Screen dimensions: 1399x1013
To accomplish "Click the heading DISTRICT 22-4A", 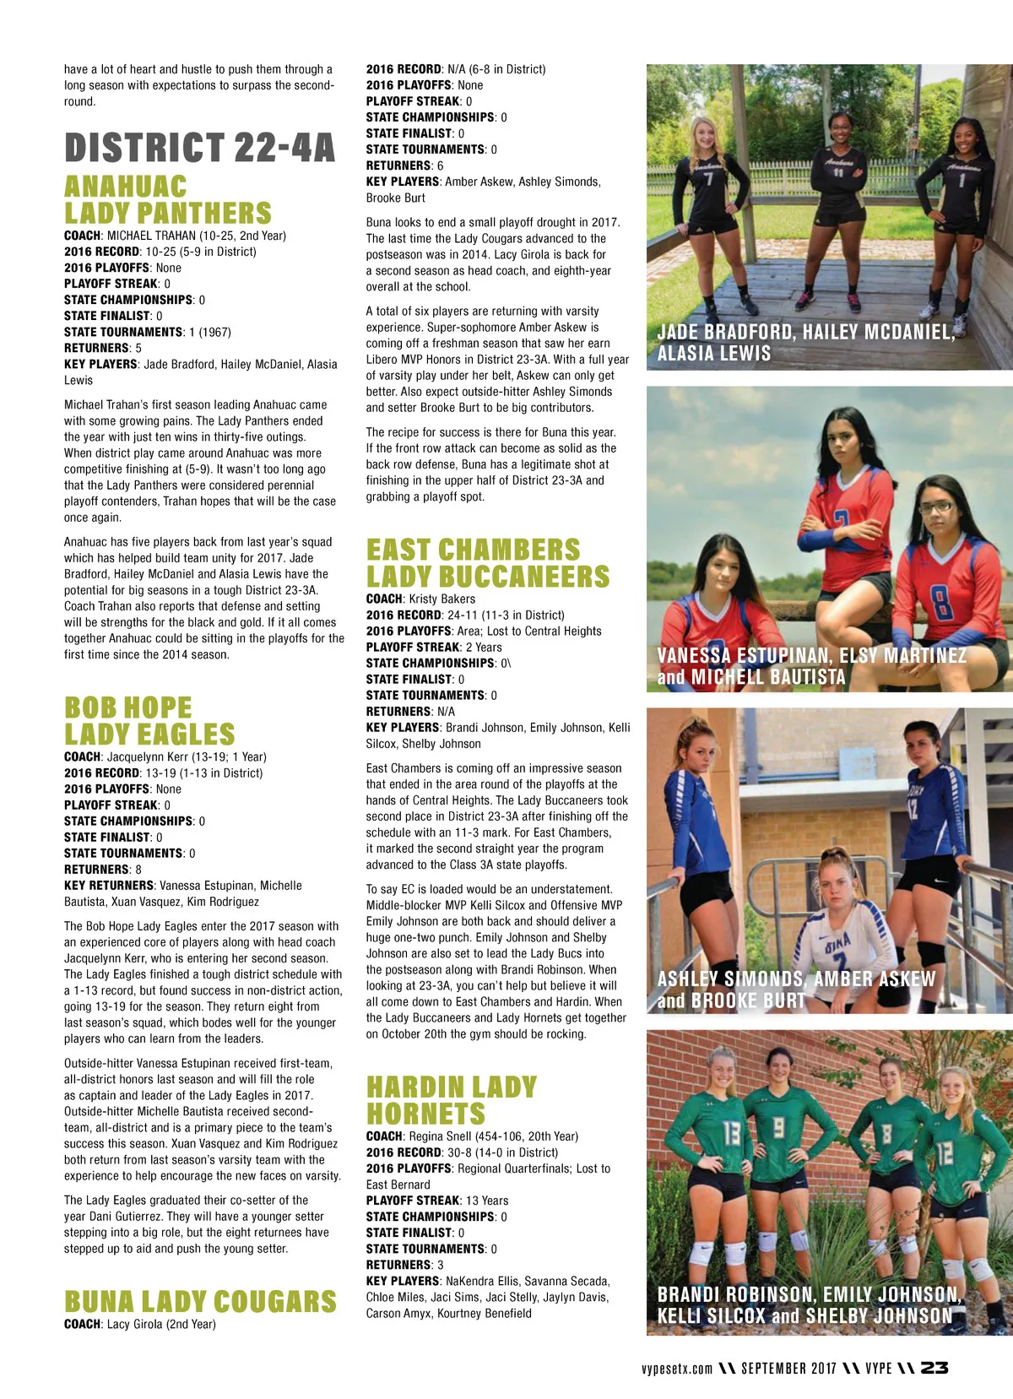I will (x=199, y=148).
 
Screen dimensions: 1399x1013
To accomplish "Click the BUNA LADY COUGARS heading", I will (x=200, y=1301).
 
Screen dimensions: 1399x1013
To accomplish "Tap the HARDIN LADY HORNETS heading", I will (x=451, y=1099).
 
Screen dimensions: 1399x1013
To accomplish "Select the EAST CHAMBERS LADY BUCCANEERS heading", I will (x=487, y=563).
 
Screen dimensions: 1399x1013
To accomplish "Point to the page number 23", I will (x=934, y=1368).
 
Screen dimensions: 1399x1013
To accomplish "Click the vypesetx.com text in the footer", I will (x=677, y=1369).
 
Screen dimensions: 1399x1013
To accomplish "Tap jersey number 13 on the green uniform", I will (x=732, y=1132).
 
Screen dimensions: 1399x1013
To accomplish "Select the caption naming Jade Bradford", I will (x=805, y=342).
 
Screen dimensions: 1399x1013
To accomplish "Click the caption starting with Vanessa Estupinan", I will (x=811, y=666).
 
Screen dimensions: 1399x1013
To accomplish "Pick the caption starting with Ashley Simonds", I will (x=796, y=990).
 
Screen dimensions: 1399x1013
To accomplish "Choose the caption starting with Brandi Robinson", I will (x=808, y=1304).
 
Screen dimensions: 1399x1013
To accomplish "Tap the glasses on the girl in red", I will (x=935, y=507).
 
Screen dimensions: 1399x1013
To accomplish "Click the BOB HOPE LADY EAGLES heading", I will (x=149, y=720).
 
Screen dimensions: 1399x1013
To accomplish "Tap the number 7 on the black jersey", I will (x=709, y=180).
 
